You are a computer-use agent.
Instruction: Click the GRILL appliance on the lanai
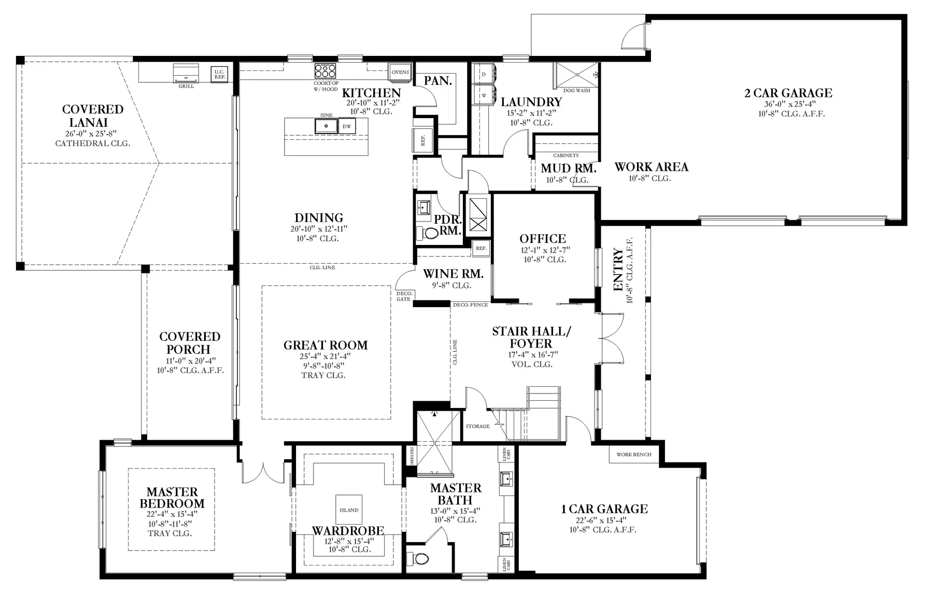pos(186,73)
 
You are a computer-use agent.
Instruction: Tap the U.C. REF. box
pos(219,74)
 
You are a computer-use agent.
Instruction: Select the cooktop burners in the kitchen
pos(325,71)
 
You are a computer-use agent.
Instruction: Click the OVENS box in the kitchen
pos(400,72)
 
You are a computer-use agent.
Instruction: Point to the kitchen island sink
pos(326,125)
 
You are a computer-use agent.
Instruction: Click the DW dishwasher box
pos(347,126)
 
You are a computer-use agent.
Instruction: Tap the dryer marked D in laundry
pos(484,75)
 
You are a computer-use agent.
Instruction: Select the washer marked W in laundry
pos(484,95)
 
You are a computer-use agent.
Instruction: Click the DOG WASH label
pos(576,91)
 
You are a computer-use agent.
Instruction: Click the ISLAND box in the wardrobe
pos(349,510)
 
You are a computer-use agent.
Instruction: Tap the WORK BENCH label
pos(633,455)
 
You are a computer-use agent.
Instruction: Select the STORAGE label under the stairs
pos(477,426)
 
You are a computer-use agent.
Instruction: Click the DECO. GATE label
pos(403,296)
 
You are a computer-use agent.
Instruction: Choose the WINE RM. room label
pos(453,274)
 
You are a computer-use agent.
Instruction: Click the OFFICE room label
pos(543,239)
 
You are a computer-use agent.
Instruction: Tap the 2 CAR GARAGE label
pos(788,93)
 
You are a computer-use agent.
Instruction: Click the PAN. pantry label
pos(438,81)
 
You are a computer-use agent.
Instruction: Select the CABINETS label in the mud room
pos(566,155)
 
